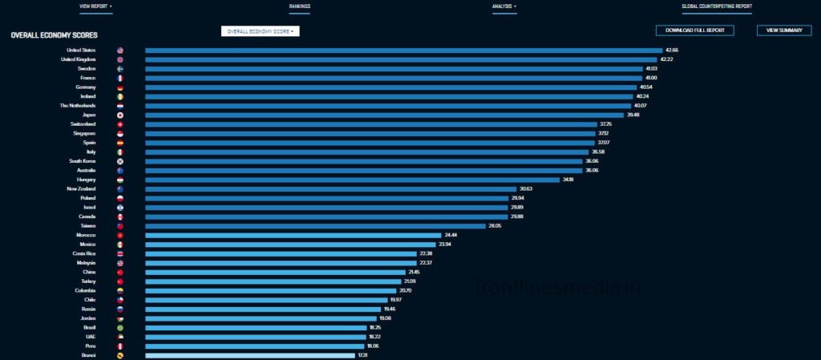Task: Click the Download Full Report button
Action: pyautogui.click(x=694, y=30)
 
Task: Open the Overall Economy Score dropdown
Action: pyautogui.click(x=260, y=31)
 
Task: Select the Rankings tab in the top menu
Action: pyautogui.click(x=299, y=6)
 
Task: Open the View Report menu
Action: pyautogui.click(x=95, y=6)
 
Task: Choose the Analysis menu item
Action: pyautogui.click(x=504, y=6)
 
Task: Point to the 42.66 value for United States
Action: pyautogui.click(x=671, y=50)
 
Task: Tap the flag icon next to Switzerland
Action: pyautogui.click(x=120, y=124)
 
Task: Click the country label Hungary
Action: pyautogui.click(x=86, y=180)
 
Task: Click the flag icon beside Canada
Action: pyautogui.click(x=120, y=216)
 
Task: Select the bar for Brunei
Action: pyautogui.click(x=249, y=355)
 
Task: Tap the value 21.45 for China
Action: pyautogui.click(x=415, y=272)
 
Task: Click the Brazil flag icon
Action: pyautogui.click(x=120, y=328)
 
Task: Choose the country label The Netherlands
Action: pyautogui.click(x=78, y=106)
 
